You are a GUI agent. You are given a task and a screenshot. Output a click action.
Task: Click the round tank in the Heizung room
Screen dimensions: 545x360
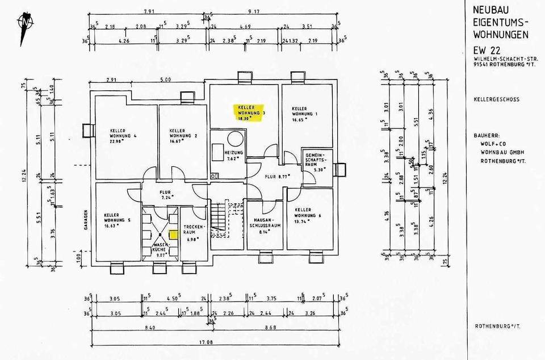[x=235, y=139]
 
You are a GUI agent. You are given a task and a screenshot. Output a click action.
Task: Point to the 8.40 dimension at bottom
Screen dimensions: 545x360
[x=149, y=328]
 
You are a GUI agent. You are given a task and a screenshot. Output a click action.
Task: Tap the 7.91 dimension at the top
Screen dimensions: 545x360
[x=149, y=11]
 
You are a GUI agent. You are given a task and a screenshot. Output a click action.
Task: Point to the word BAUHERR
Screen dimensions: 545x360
[x=487, y=136]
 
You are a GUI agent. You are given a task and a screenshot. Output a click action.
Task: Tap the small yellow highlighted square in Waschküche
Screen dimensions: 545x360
[x=174, y=233]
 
